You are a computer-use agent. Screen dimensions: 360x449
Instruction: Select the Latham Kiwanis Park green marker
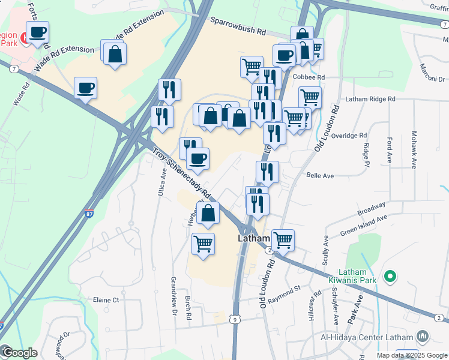[390, 277]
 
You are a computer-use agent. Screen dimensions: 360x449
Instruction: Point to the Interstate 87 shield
[89, 213]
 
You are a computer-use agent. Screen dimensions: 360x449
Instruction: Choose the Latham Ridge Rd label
[370, 99]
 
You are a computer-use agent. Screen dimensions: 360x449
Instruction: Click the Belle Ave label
[319, 176]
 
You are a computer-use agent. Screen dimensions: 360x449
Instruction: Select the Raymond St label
[285, 291]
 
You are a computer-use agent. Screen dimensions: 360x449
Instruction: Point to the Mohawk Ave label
[414, 148]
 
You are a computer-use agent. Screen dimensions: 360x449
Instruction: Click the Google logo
[19, 352]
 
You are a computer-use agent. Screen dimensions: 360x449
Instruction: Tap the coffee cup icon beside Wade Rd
[85, 89]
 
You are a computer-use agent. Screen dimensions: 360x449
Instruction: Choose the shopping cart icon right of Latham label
[283, 239]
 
